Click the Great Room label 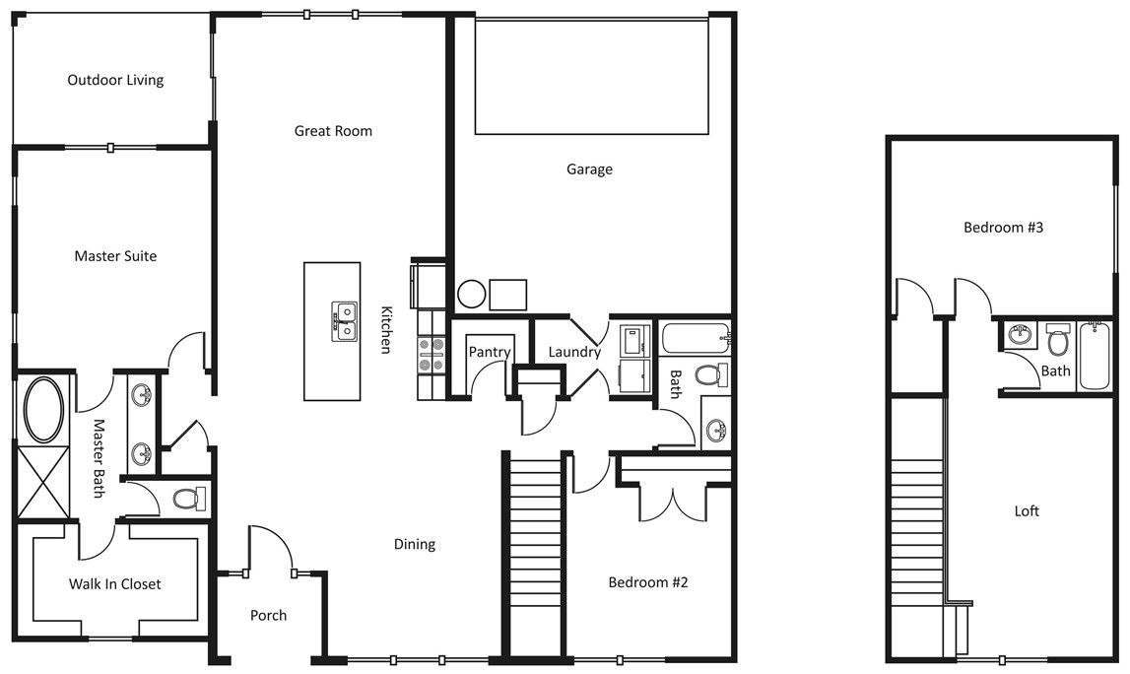click(333, 131)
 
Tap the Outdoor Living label click(115, 80)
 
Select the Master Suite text click(115, 256)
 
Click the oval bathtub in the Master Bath click(44, 410)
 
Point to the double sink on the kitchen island click(345, 321)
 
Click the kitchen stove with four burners click(431, 356)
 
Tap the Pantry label click(490, 352)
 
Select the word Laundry click(574, 352)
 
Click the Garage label click(589, 169)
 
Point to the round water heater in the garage click(471, 295)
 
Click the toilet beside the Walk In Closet click(189, 499)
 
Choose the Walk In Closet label click(114, 584)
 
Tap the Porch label click(268, 616)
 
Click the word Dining click(415, 544)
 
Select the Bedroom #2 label click(648, 582)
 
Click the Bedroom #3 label click(1003, 228)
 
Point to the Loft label click(1027, 511)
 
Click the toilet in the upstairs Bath click(1058, 340)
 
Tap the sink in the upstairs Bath click(1020, 335)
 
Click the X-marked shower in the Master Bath click(44, 482)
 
